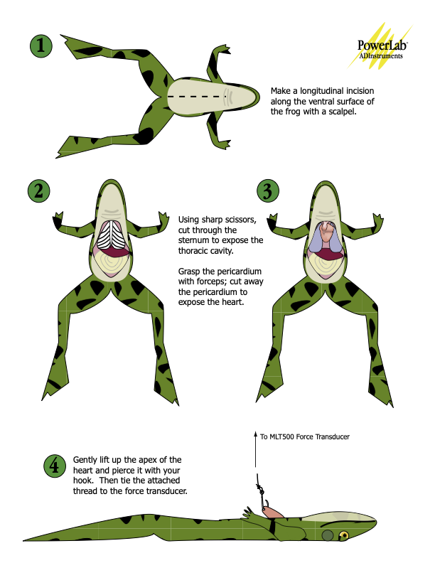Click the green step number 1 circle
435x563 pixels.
[x=41, y=46]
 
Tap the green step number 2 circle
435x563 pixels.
[x=39, y=191]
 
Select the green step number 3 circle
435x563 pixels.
[x=268, y=191]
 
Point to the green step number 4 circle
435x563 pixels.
[x=55, y=466]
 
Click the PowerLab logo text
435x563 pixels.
[x=382, y=45]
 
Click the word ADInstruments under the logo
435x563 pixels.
[x=381, y=56]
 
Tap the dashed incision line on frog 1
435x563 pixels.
[x=195, y=97]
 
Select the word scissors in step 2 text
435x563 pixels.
[x=240, y=220]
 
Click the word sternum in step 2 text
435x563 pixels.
[x=193, y=240]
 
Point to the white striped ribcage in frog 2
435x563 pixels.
[x=112, y=235]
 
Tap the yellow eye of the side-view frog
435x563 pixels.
[x=344, y=536]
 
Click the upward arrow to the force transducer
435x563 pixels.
[x=256, y=449]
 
